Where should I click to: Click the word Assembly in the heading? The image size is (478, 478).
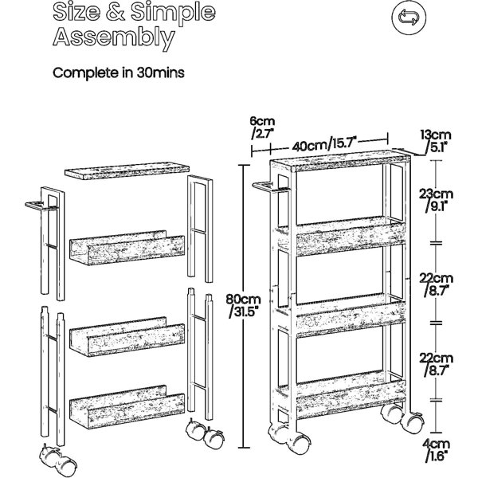[114, 38]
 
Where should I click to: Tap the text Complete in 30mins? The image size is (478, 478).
[119, 72]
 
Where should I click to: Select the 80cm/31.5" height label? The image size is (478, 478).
[243, 306]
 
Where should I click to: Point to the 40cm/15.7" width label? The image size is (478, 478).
[324, 144]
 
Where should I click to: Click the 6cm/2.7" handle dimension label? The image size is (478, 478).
[262, 127]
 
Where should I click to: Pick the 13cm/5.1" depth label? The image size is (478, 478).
[436, 141]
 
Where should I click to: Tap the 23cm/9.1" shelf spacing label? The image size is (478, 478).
[436, 200]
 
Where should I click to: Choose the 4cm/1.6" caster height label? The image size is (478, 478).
[437, 451]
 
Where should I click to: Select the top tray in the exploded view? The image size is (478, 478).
[127, 248]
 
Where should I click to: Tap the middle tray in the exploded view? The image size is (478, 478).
[127, 336]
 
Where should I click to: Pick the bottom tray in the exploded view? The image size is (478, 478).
[127, 406]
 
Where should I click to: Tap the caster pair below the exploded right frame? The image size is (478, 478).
[205, 433]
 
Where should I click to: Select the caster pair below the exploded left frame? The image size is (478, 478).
[58, 460]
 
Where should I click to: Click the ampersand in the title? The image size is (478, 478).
[115, 12]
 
